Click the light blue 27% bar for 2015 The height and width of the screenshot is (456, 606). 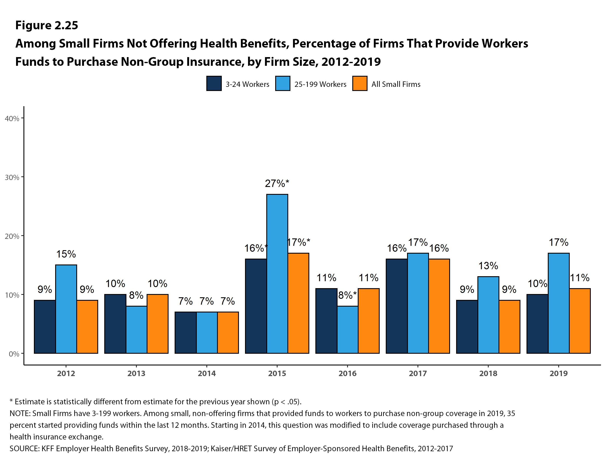(x=277, y=274)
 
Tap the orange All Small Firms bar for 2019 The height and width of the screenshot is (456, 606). (x=580, y=321)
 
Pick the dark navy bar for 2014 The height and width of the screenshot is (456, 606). (x=185, y=332)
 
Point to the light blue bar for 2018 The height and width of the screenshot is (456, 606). (x=488, y=315)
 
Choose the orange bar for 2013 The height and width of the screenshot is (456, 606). (x=157, y=324)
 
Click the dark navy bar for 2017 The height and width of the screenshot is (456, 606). (x=396, y=306)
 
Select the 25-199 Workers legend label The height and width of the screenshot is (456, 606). (x=320, y=84)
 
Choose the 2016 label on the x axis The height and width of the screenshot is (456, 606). (x=347, y=373)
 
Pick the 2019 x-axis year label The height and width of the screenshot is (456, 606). (x=559, y=373)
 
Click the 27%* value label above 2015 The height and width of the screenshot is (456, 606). (x=277, y=183)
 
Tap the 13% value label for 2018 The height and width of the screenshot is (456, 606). (x=488, y=266)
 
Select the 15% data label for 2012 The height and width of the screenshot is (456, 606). (x=66, y=254)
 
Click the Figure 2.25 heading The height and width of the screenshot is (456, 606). (x=46, y=25)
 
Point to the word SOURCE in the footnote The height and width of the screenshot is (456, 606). (x=24, y=449)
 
